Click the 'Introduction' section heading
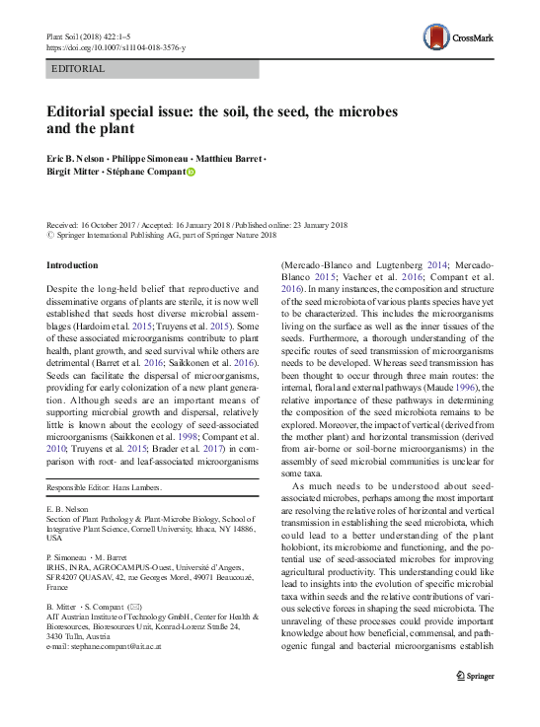click(73, 265)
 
